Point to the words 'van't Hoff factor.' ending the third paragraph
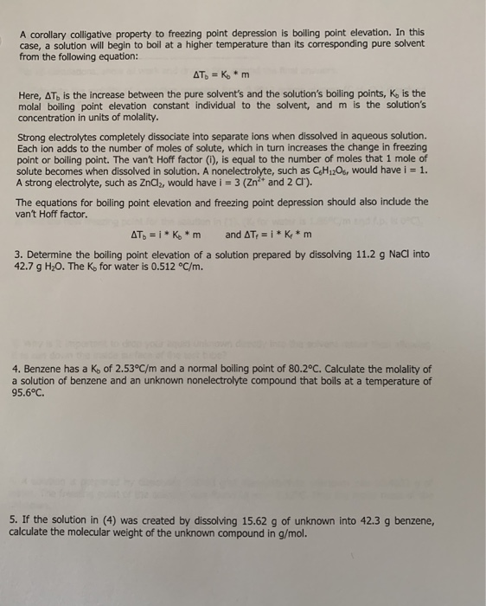53,213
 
